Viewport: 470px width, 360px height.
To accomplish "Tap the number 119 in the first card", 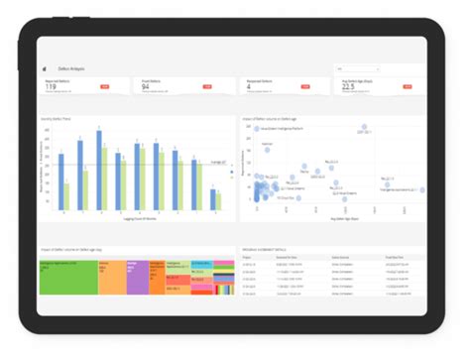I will [50, 86].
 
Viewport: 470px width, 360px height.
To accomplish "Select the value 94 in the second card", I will [146, 86].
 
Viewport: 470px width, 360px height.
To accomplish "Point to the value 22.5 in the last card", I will [348, 86].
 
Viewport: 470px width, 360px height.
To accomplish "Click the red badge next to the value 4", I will [304, 87].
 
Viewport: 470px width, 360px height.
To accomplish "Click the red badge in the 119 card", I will [104, 87].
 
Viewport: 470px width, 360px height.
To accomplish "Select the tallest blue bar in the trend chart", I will [97, 168].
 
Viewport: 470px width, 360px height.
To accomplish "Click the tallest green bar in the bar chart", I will [104, 174].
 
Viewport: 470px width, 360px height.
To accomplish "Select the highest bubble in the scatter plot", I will [364, 128].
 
